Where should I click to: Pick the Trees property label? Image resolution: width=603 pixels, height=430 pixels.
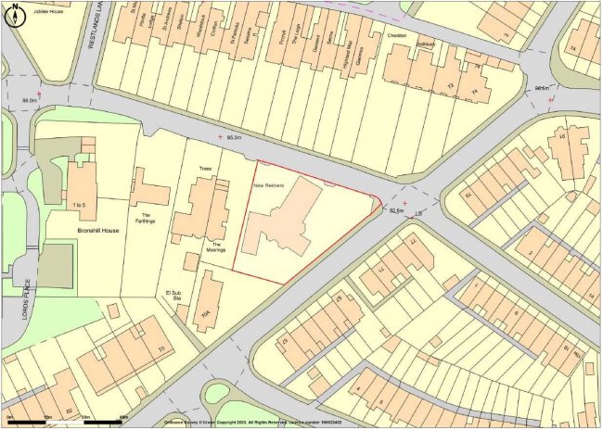point(205,170)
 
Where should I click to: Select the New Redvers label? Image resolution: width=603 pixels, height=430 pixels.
point(269,185)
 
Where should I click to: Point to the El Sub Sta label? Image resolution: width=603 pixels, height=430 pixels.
point(169,297)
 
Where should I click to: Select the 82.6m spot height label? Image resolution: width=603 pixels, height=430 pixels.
point(398,210)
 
